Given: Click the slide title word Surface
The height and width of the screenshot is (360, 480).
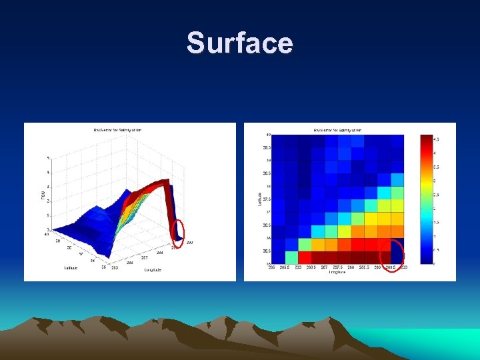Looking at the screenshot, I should (239, 43).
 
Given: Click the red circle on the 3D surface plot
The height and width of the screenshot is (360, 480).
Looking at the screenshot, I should (178, 230).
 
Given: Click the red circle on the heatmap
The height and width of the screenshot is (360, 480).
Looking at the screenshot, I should (392, 251).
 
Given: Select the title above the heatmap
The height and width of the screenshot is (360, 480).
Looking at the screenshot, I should (337, 129).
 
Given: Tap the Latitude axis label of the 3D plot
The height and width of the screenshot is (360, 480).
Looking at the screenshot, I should (71, 267).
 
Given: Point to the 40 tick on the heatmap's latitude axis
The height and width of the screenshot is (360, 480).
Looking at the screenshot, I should (268, 135).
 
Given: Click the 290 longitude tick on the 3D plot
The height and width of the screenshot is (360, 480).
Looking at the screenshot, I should (189, 242).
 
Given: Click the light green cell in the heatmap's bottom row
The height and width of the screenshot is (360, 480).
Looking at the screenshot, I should (291, 257).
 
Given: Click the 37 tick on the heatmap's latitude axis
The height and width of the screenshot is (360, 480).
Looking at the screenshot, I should (268, 212).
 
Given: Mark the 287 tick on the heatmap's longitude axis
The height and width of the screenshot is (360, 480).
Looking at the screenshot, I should (324, 267).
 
